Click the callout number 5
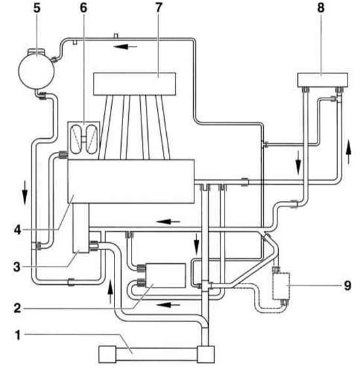pyautogui.click(x=37, y=8)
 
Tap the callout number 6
pyautogui.click(x=84, y=8)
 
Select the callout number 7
pyautogui.click(x=159, y=8)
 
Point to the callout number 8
pyautogui.click(x=321, y=8)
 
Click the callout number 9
pyautogui.click(x=348, y=285)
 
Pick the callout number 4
pyautogui.click(x=18, y=230)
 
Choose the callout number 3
pyautogui.click(x=17, y=267)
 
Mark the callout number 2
pyautogui.click(x=18, y=308)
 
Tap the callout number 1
pyautogui.click(x=18, y=335)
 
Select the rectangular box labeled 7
pyautogui.click(x=135, y=84)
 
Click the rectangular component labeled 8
pyautogui.click(x=323, y=80)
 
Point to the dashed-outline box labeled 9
pyautogui.click(x=281, y=286)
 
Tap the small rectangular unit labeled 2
pyautogui.click(x=166, y=276)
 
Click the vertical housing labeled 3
pyautogui.click(x=81, y=228)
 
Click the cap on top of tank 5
pyautogui.click(x=37, y=51)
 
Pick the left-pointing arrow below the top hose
pyautogui.click(x=125, y=46)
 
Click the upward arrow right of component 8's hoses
pyautogui.click(x=349, y=153)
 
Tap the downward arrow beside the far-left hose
pyautogui.click(x=25, y=196)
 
